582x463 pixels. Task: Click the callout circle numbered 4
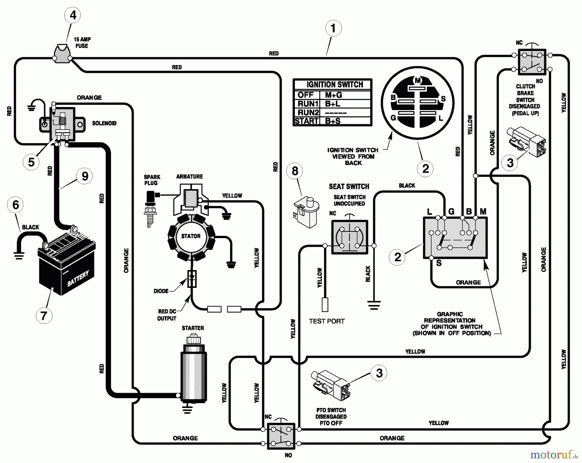click(73, 15)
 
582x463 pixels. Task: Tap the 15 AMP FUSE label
click(82, 42)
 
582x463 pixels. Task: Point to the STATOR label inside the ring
click(191, 236)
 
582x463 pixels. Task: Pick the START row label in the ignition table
click(307, 121)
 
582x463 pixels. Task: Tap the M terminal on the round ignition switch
click(418, 81)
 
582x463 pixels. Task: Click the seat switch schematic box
click(350, 237)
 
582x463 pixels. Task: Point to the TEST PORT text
click(327, 321)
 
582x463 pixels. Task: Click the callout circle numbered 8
click(295, 171)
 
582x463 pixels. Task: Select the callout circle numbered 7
click(44, 315)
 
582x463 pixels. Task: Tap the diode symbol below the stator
click(192, 279)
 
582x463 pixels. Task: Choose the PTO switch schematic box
click(281, 436)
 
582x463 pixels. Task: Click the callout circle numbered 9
click(85, 176)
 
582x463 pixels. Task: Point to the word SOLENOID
click(104, 123)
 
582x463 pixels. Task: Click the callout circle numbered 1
click(333, 28)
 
